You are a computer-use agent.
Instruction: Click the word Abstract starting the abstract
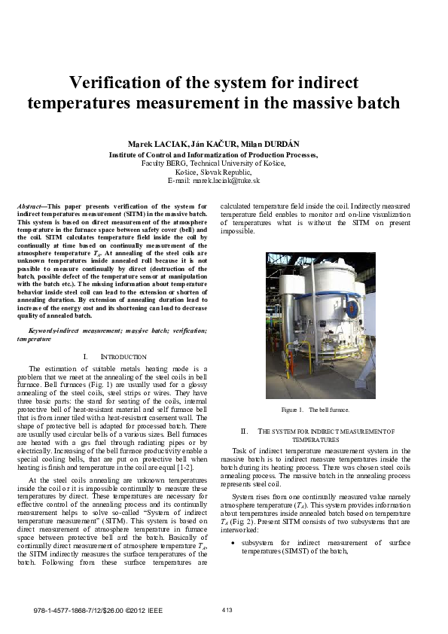(x=30, y=206)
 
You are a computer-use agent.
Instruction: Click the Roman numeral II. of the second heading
(x=244, y=431)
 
